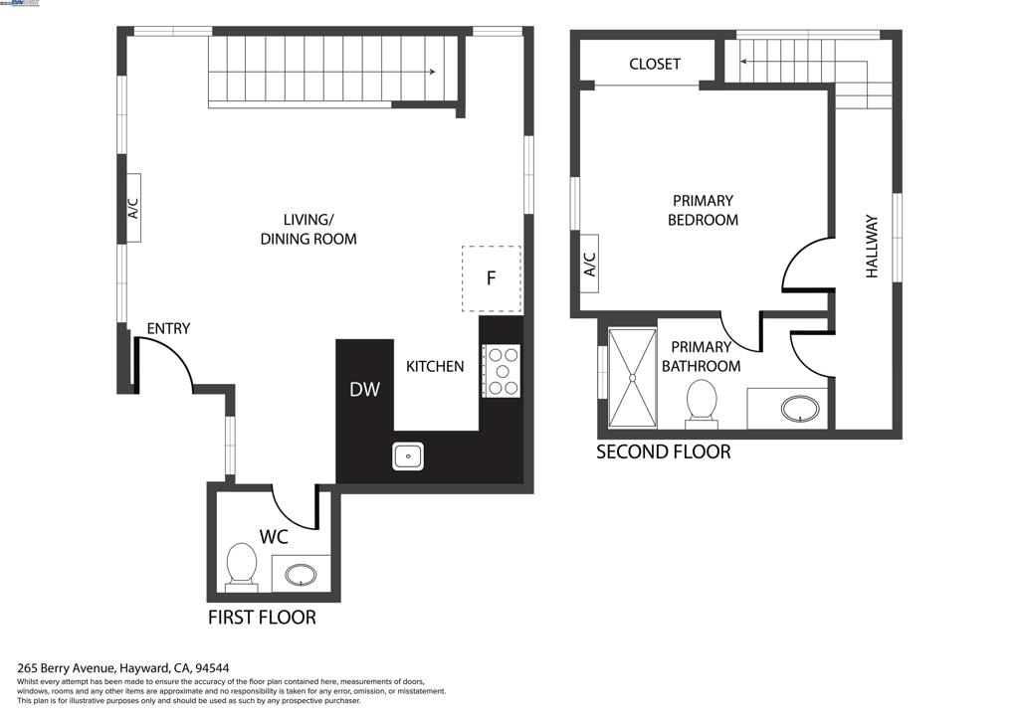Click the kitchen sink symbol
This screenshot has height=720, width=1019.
click(x=407, y=456)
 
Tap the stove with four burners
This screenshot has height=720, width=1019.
click(x=501, y=370)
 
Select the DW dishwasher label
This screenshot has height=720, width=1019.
click(x=364, y=390)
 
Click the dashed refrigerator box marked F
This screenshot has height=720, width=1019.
click(x=491, y=278)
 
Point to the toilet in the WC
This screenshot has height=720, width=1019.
click(x=242, y=565)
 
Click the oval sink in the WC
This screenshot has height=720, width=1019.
click(x=301, y=574)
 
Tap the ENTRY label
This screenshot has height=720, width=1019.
click(x=168, y=329)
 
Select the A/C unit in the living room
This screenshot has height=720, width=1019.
click(x=132, y=208)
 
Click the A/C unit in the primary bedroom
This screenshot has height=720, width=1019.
click(x=588, y=265)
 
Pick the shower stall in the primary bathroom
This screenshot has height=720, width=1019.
click(x=632, y=376)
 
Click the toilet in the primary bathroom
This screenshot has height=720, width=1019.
click(x=702, y=404)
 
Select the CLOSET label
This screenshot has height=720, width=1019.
click(x=655, y=64)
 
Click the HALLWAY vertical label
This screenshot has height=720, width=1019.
click(x=872, y=247)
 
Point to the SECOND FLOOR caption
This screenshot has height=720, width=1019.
click(x=663, y=452)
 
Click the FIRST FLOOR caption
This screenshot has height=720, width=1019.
click(x=262, y=618)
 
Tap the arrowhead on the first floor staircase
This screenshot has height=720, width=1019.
click(x=432, y=72)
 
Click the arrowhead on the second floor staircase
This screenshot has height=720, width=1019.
click(x=744, y=62)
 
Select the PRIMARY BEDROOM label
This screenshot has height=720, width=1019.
click(x=703, y=210)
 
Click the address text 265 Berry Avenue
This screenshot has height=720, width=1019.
click(x=68, y=668)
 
